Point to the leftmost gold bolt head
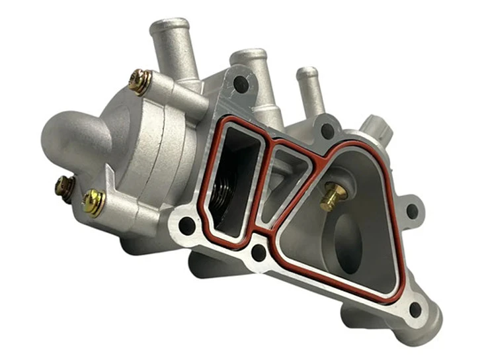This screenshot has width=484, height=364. (63, 187)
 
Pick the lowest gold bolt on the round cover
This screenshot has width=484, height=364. (94, 202)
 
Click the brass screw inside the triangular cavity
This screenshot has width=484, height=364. (334, 196)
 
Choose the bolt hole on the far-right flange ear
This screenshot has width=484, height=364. (413, 210)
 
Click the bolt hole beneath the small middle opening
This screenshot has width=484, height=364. (259, 251)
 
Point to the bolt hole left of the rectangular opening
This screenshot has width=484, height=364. (187, 225)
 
